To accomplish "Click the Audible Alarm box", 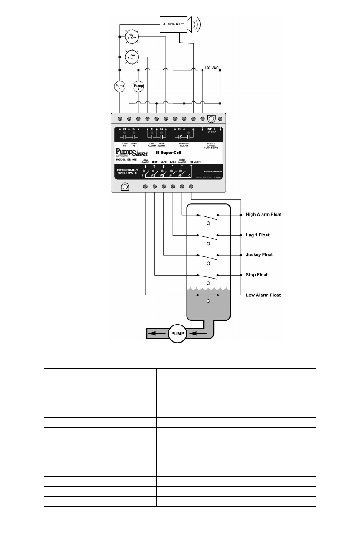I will coord(174,24).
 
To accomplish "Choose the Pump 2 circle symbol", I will coord(138,86).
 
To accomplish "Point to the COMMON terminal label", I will coord(192,162).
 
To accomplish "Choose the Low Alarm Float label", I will coord(263,295).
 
